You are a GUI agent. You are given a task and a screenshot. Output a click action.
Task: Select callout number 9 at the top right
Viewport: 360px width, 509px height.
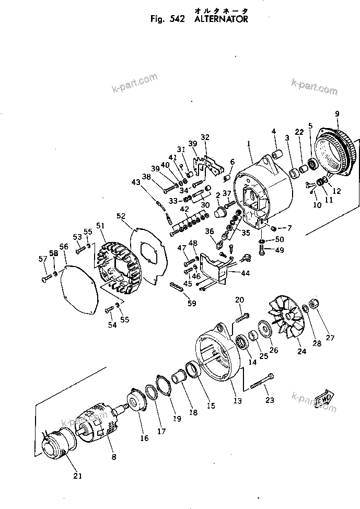pos(336,113)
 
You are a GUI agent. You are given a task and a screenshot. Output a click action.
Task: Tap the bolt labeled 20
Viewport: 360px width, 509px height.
pos(243,316)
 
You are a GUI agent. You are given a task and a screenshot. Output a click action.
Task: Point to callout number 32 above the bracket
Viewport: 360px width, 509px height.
pos(205,137)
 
